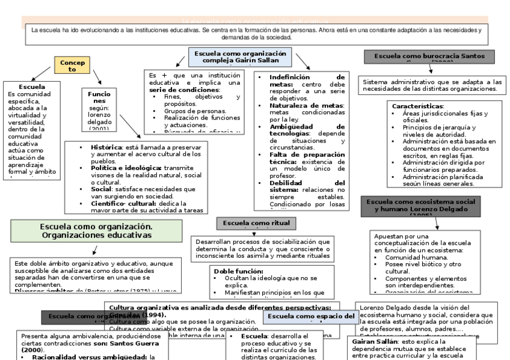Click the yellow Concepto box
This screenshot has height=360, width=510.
tap(72, 66)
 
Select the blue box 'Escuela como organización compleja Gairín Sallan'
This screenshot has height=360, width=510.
tap(240, 57)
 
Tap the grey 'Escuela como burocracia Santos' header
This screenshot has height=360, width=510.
tap(430, 56)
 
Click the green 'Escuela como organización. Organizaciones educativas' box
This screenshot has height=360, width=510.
tap(96, 231)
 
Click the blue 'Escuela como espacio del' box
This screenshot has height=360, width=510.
tap(311, 316)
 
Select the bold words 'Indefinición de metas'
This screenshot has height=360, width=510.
tap(307, 81)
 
